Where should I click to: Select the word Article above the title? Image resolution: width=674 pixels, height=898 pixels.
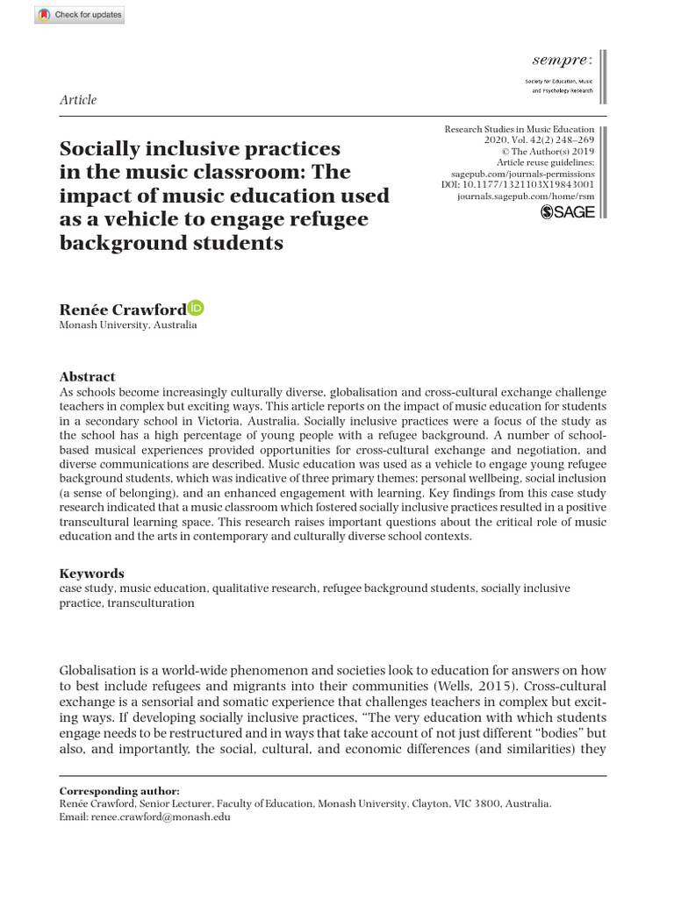[78, 100]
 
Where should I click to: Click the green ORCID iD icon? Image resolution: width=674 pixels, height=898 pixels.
[196, 308]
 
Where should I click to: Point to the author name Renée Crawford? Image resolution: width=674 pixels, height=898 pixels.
[122, 309]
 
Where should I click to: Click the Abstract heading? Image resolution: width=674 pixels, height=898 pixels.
[87, 376]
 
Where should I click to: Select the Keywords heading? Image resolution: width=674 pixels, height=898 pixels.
[91, 573]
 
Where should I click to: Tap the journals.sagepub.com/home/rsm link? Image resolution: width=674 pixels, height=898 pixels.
[526, 197]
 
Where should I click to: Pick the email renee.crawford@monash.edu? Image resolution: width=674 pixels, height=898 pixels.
[162, 816]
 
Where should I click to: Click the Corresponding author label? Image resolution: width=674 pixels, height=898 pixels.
[119, 790]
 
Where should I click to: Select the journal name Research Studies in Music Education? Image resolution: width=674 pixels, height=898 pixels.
[519, 129]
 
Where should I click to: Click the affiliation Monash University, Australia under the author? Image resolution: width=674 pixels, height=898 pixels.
[128, 325]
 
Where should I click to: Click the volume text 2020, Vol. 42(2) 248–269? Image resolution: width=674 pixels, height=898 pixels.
[539, 140]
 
